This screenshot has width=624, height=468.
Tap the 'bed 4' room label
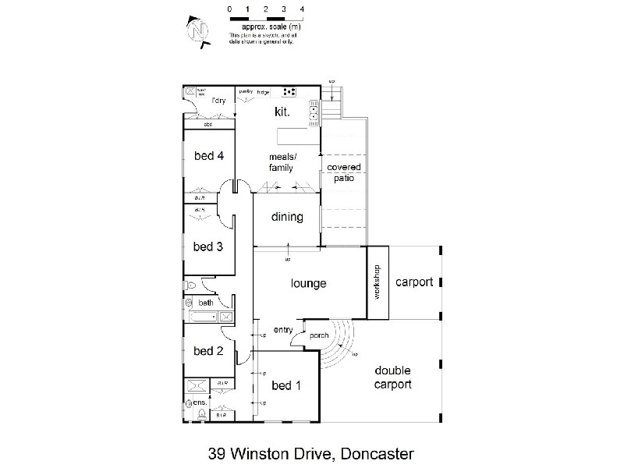pyautogui.click(x=209, y=155)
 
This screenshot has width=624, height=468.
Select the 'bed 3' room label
pyautogui.click(x=209, y=247)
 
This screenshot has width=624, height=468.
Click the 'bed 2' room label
pyautogui.click(x=209, y=351)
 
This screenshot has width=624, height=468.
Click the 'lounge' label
pyautogui.click(x=308, y=284)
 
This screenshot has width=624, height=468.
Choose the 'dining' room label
pyautogui.click(x=287, y=217)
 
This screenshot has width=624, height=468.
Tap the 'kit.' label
pyautogui.click(x=282, y=112)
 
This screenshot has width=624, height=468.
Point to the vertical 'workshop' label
pyautogui.click(x=377, y=282)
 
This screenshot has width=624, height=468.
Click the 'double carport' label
pyautogui.click(x=392, y=378)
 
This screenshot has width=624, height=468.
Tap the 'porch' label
pyautogui.click(x=318, y=337)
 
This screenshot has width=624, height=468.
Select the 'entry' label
pyautogui.click(x=282, y=330)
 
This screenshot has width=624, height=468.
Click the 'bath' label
pyautogui.click(x=206, y=303)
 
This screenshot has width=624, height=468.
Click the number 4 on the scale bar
pyautogui.click(x=301, y=9)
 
